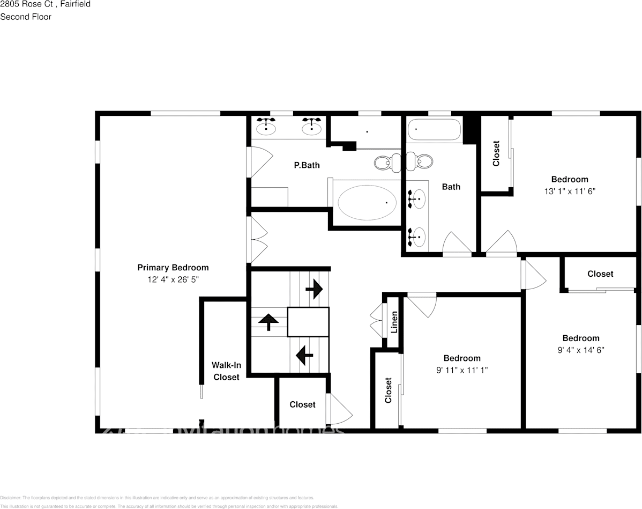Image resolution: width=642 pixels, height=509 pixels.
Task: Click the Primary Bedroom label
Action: point(173,267)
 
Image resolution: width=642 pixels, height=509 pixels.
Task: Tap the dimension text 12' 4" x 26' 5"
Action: point(173,279)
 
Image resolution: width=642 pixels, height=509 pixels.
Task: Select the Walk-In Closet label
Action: point(226,371)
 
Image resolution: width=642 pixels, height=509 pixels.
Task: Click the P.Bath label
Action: point(307,165)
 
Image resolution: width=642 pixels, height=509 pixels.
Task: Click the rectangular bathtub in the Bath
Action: point(434,129)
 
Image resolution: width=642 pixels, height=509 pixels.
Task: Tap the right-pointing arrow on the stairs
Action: point(314,289)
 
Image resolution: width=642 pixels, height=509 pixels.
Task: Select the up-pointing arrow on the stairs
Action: point(268,322)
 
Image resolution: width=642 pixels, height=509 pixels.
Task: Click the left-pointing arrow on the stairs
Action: point(304,354)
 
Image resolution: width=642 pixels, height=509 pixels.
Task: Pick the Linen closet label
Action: point(394,322)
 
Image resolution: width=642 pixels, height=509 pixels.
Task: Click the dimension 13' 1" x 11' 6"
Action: point(569,191)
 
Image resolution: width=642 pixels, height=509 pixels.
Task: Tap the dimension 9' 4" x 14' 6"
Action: point(580,350)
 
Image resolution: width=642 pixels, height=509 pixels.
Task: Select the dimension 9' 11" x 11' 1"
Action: point(461,370)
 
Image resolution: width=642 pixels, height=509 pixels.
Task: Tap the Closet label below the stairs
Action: point(302,404)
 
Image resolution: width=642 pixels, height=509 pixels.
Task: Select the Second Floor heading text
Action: point(26,17)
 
